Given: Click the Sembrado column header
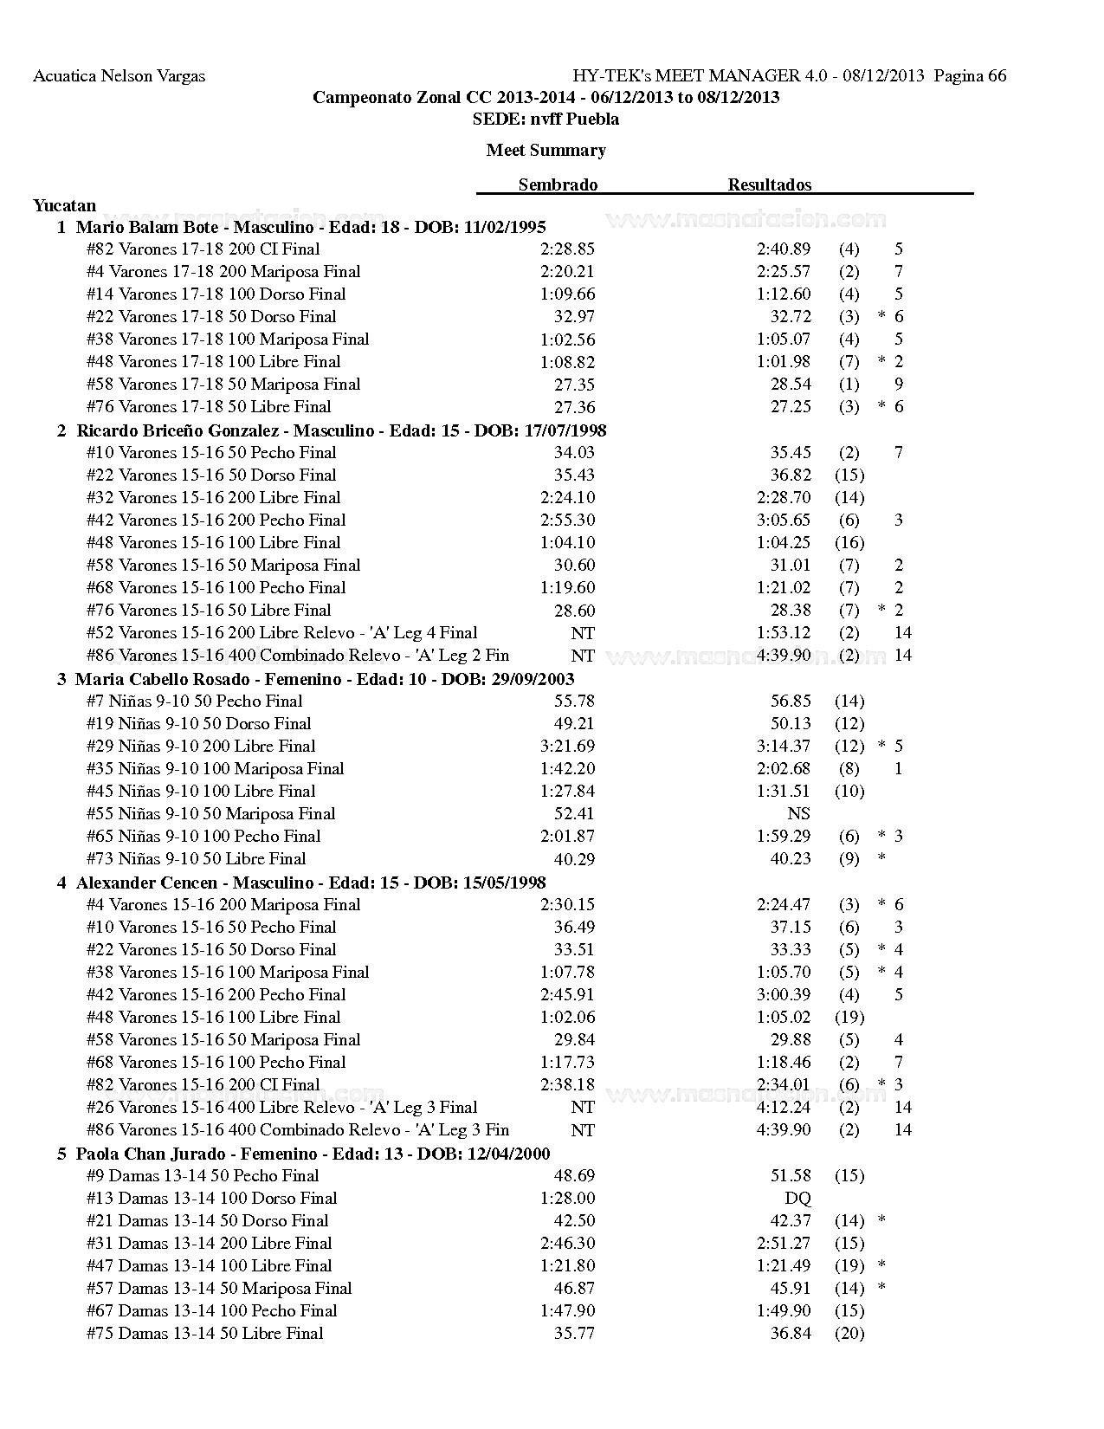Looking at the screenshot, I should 558,184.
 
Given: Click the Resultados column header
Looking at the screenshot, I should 769,184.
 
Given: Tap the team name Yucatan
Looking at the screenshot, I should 65,206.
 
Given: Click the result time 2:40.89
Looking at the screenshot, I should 784,249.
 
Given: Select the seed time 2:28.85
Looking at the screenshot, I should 567,249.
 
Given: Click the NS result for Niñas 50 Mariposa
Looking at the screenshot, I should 798,813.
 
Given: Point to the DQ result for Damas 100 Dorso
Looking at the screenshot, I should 797,1198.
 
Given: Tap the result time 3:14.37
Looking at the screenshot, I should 784,746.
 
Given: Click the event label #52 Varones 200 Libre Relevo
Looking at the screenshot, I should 281,633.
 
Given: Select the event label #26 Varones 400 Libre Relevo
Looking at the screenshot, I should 281,1108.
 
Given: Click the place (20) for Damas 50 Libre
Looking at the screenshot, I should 849,1334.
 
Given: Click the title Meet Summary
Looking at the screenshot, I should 546,151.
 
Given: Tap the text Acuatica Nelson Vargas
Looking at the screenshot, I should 119,76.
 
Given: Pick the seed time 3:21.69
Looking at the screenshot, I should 567,746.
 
